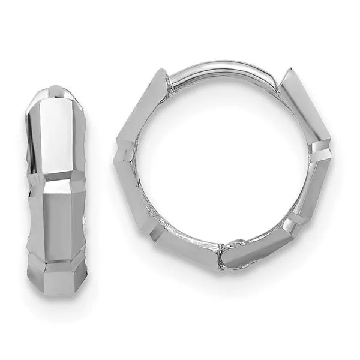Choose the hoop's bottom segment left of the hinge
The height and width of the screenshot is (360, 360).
(x=186, y=250)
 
